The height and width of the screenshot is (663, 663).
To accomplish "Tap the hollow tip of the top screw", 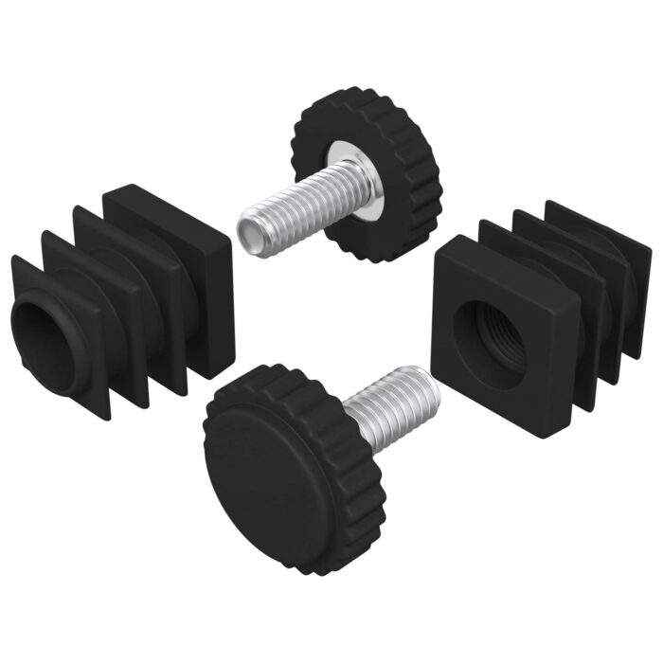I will [x=253, y=229].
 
